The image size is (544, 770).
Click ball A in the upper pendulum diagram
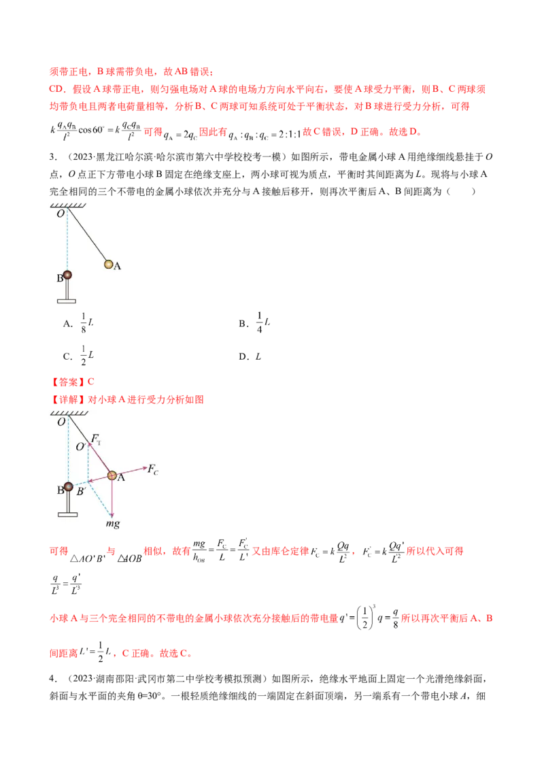108,264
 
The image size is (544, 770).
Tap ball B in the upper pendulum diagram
67,275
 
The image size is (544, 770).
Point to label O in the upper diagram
60,214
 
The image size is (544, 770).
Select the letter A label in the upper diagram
117,267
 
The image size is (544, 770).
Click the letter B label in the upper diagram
59,278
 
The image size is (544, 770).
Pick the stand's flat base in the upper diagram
67,300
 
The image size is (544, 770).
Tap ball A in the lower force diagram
112,475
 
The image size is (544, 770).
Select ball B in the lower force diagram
68,487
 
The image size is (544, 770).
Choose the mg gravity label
112,524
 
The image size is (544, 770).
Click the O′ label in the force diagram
80,447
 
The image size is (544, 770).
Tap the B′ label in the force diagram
80,491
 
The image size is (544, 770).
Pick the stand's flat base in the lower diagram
67,514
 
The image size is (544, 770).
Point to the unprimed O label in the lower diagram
61,422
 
